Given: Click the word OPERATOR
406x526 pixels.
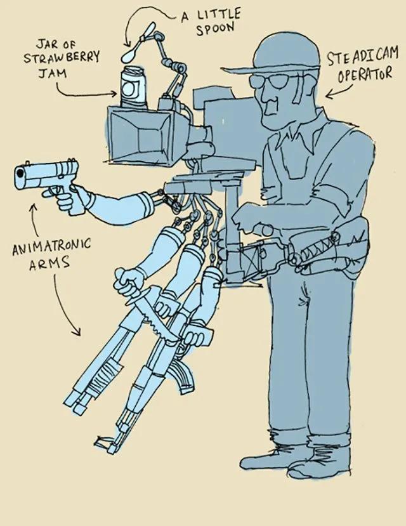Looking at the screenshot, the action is click(x=365, y=75).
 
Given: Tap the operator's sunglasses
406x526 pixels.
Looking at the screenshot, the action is click(x=272, y=81).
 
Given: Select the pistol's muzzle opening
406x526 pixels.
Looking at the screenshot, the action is click(x=20, y=173).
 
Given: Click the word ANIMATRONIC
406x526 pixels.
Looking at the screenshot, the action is click(x=51, y=247).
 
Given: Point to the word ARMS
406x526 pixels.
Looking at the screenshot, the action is click(x=49, y=263).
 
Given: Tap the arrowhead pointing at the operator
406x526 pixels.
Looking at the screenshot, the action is click(x=331, y=95).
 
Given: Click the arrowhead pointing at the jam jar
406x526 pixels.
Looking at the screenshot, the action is click(x=113, y=94).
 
